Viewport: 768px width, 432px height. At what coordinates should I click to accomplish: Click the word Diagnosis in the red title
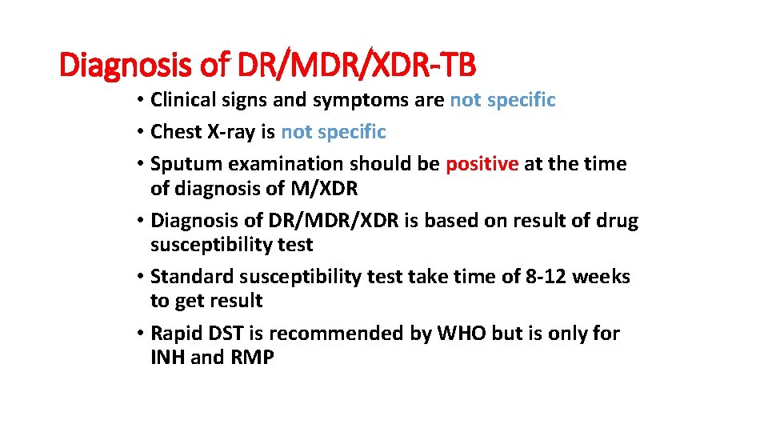(127, 66)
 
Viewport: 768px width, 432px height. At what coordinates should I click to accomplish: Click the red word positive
(482, 164)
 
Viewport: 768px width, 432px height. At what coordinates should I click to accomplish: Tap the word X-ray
(230, 132)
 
